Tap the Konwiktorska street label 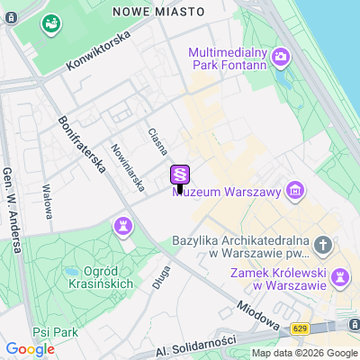point(99,51)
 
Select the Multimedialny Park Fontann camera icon point(281,58)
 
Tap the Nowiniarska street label point(127,168)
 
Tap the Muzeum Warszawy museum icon point(293,190)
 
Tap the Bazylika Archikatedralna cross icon point(323,246)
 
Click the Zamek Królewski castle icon point(341,276)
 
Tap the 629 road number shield point(300,329)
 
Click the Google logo point(30,349)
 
